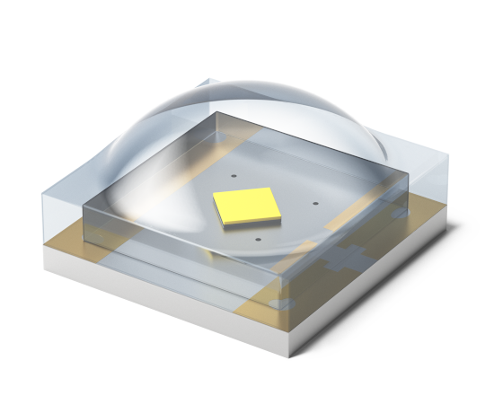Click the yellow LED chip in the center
(244, 207)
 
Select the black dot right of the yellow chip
(313, 202)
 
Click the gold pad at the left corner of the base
(63, 234)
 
